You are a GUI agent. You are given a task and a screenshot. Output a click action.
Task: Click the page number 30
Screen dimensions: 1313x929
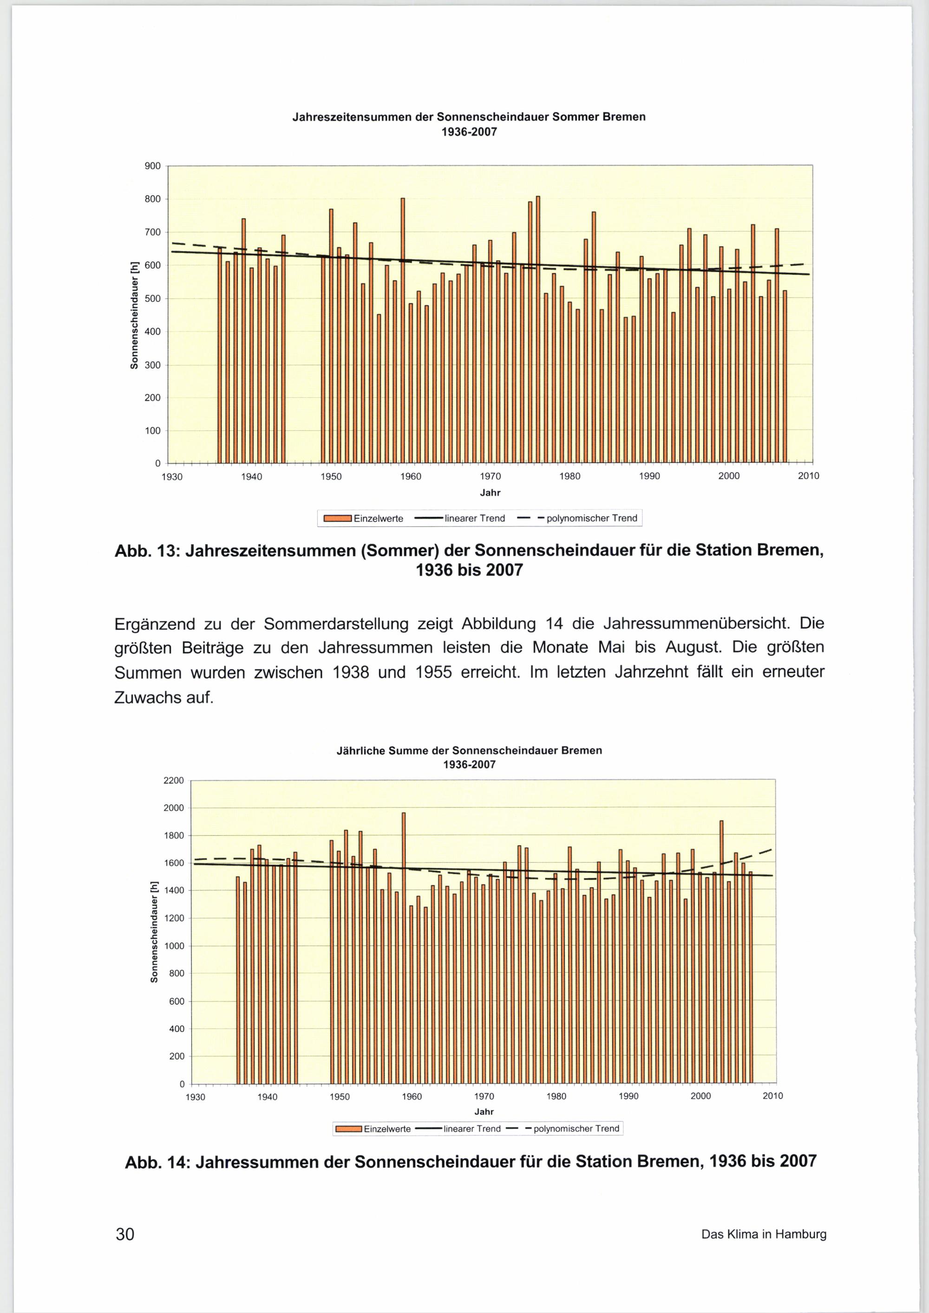coord(124,1234)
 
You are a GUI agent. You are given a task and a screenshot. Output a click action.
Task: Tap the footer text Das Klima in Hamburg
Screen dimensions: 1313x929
coord(763,1234)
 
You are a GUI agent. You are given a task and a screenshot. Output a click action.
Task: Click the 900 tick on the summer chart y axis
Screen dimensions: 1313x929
coord(153,166)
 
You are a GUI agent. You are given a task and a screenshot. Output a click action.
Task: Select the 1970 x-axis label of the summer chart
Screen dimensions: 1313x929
coord(490,476)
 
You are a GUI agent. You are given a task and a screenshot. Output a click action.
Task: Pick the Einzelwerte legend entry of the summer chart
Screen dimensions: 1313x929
coord(378,518)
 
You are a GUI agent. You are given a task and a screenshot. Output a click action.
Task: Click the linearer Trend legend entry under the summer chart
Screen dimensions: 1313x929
coord(474,518)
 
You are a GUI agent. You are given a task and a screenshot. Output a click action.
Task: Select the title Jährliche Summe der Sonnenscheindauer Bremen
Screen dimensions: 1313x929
coord(469,750)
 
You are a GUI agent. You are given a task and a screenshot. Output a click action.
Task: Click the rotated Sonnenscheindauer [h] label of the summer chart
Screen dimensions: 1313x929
coord(134,314)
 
